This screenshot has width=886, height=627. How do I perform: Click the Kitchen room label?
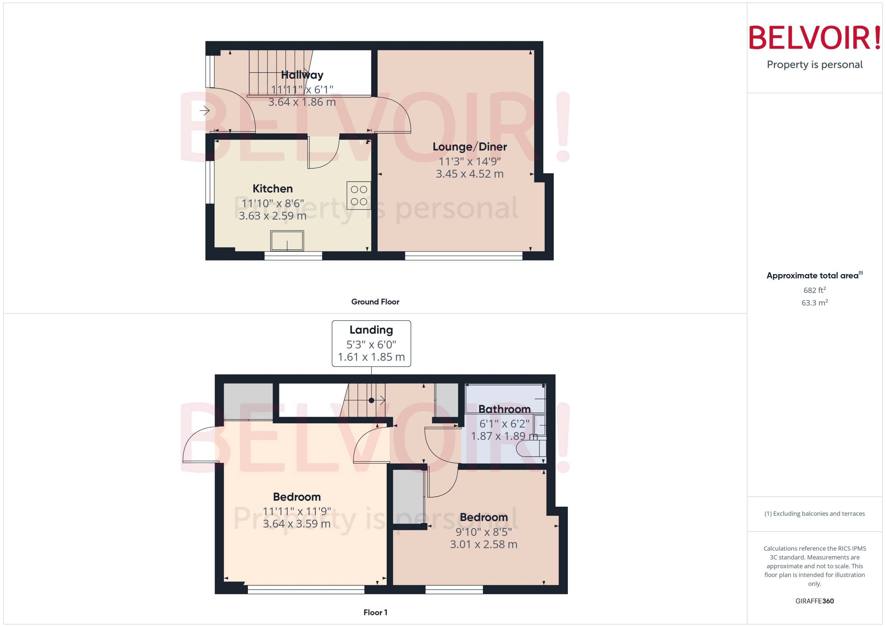(x=273, y=189)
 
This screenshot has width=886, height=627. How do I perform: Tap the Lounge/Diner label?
(x=469, y=147)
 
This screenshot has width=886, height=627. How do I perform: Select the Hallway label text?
(x=302, y=75)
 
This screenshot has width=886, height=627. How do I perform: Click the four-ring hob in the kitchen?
(x=359, y=195)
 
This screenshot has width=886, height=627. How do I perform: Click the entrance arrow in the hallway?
(x=204, y=111)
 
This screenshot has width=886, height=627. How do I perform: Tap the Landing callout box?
(x=371, y=343)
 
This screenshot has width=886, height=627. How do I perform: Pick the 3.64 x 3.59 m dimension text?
(x=296, y=524)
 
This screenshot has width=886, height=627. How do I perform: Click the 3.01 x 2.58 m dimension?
(x=483, y=544)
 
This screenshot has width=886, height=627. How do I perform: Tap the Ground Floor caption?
(x=375, y=302)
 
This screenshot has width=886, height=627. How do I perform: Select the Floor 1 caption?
(x=375, y=612)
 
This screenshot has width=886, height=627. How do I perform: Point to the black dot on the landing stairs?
(x=371, y=400)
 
